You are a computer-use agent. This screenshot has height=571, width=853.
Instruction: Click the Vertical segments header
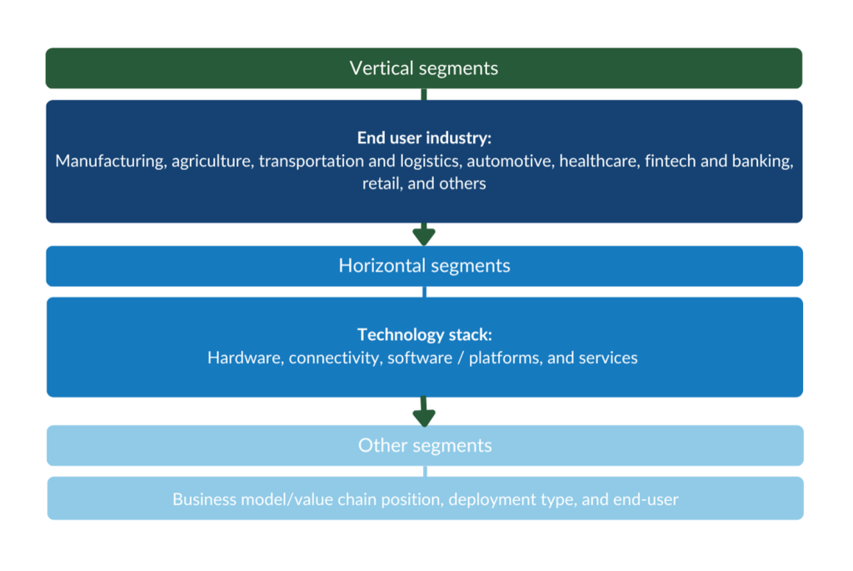424,68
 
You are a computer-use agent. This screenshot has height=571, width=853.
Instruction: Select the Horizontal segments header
424,266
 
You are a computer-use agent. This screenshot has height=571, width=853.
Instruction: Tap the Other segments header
425,445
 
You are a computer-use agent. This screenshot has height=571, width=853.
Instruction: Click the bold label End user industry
424,138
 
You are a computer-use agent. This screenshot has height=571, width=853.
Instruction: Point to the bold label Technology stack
424,335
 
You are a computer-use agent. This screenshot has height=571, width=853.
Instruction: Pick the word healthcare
599,161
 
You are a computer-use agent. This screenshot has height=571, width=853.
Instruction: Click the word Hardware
243,358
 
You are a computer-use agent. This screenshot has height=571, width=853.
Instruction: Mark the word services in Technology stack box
608,358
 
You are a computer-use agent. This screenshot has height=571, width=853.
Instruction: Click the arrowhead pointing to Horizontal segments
424,236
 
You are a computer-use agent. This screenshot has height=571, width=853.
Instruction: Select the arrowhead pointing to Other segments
424,415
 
